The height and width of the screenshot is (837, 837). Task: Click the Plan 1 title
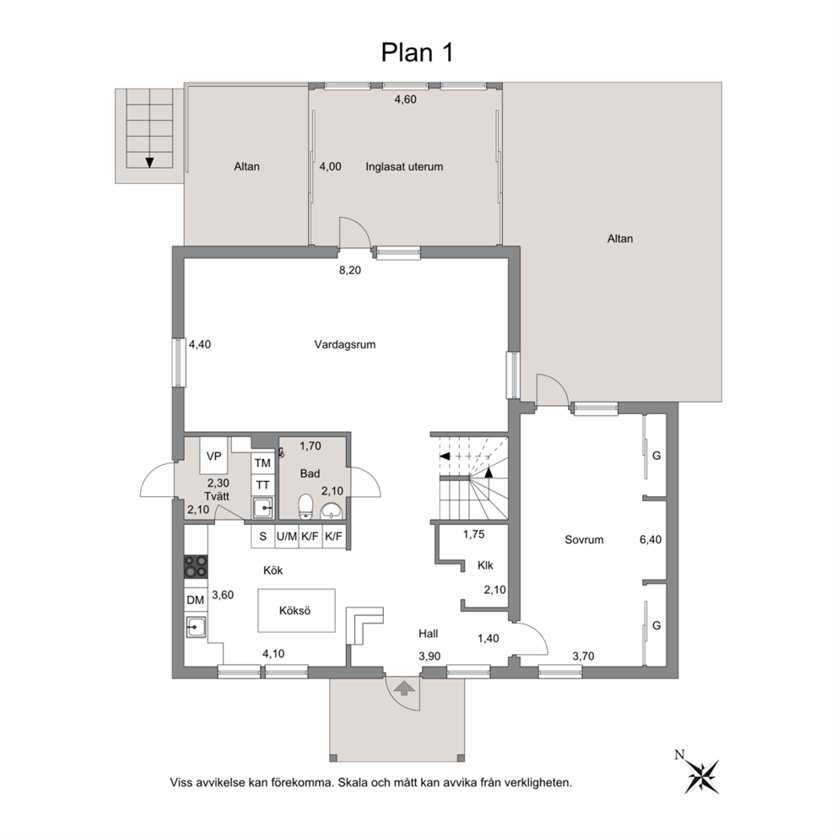pos(417,52)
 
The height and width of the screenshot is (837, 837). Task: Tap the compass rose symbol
pos(700,774)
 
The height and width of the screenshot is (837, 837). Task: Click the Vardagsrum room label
pos(345,344)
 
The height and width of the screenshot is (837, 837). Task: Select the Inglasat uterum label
pos(404,166)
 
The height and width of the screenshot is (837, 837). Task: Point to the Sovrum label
pos(584,540)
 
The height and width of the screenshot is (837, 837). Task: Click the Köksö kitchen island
pos(297,610)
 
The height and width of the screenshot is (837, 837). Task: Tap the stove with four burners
pos(196,566)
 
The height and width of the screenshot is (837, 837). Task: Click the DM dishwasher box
pos(196,600)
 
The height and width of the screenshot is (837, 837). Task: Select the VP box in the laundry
pos(214,456)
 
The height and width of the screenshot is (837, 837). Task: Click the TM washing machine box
pos(262,463)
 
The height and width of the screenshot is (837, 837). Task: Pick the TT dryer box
pos(262,485)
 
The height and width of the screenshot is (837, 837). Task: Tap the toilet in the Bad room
pos(305,506)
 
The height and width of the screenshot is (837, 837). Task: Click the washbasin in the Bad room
pos(332,510)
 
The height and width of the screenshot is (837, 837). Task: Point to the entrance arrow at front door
pos(404,688)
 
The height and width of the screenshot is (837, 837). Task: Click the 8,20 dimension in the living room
pos(350,270)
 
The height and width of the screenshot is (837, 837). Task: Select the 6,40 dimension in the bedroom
pos(651,540)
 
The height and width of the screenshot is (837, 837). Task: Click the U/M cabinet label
pos(287,537)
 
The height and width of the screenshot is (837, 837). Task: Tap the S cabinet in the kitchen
pos(262,537)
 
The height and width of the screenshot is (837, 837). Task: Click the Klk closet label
pos(485,565)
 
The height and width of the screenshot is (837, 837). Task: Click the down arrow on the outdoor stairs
pos(149,162)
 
